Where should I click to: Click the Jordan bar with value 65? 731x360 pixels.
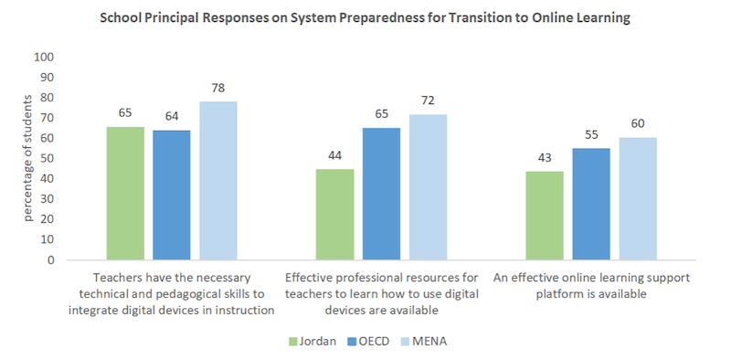[x=125, y=194]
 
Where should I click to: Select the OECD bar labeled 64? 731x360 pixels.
[x=171, y=195]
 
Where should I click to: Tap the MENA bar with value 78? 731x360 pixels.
[x=217, y=181]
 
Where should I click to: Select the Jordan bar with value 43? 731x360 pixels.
[x=544, y=216]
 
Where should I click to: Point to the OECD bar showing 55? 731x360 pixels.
[x=591, y=204]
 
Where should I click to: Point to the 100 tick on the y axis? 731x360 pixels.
[x=44, y=57]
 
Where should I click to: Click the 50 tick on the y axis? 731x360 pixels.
[x=48, y=158]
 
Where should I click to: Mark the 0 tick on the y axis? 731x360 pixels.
[x=51, y=259]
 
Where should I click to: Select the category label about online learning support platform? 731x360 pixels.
[x=591, y=285]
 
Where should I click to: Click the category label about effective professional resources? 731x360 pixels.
[x=381, y=293]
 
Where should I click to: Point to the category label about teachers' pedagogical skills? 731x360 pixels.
[x=171, y=293]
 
